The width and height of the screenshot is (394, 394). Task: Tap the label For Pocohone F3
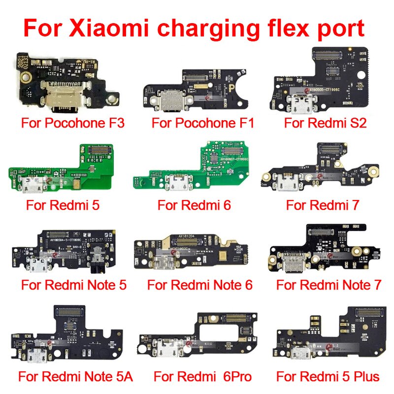(x=72, y=123)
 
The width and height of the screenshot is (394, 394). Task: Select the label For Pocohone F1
(x=203, y=123)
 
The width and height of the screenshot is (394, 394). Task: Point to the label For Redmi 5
(x=63, y=204)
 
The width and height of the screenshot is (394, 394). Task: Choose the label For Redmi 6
(x=194, y=204)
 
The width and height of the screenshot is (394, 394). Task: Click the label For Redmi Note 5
(x=74, y=285)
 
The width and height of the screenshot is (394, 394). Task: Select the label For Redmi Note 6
(x=200, y=285)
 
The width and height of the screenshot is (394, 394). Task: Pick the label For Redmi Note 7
(x=329, y=285)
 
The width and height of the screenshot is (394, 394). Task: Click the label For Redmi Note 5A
(x=76, y=377)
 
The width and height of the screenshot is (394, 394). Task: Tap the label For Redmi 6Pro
(x=203, y=377)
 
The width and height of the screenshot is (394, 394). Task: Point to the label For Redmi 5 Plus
(x=328, y=377)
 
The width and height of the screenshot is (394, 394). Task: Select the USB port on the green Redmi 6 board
(x=176, y=185)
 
